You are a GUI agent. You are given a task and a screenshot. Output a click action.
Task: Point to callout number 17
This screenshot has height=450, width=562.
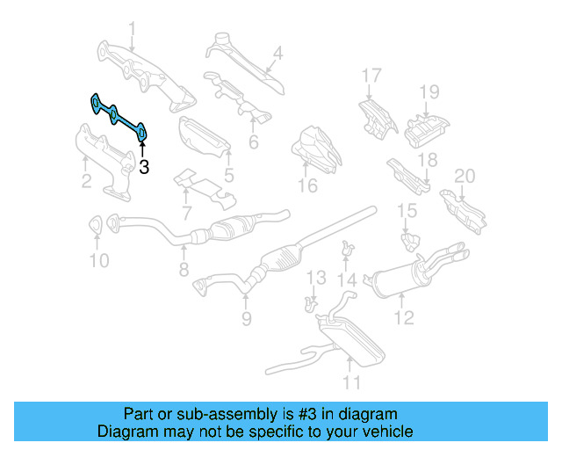click(372, 75)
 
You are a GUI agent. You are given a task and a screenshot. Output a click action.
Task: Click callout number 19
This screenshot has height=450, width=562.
click(428, 91)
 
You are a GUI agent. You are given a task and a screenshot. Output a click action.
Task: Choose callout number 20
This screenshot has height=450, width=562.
click(464, 176)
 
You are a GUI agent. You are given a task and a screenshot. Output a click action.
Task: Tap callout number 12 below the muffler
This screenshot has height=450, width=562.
click(403, 318)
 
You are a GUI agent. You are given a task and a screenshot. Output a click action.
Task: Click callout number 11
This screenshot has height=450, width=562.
click(351, 381)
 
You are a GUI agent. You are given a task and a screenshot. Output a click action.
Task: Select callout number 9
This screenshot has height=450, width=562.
click(247, 317)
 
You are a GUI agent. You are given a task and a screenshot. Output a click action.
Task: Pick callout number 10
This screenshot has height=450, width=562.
click(98, 259)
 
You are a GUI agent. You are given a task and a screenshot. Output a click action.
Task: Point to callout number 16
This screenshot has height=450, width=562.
click(306, 185)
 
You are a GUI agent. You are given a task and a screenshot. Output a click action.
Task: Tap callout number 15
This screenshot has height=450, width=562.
click(407, 210)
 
